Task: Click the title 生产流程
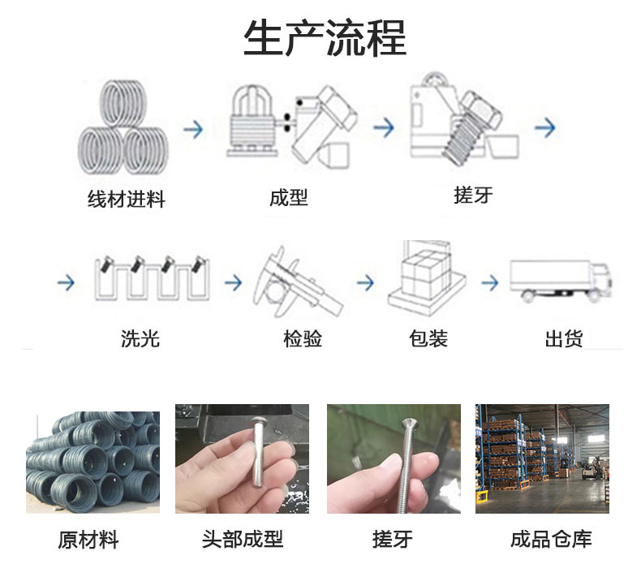point(325,38)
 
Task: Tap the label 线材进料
point(127,199)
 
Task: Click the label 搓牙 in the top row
point(473,195)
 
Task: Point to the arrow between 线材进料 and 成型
point(193,129)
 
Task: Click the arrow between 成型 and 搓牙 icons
point(384,127)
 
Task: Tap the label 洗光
point(140,338)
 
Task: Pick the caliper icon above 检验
point(297,282)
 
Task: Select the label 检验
point(303,339)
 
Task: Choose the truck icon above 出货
point(561,281)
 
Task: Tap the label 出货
point(564,339)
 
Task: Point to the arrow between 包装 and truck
point(490,282)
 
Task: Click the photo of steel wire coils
point(92,463)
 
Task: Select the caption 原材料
point(88,540)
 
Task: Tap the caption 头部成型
point(243,539)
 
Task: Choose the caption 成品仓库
point(551,539)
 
